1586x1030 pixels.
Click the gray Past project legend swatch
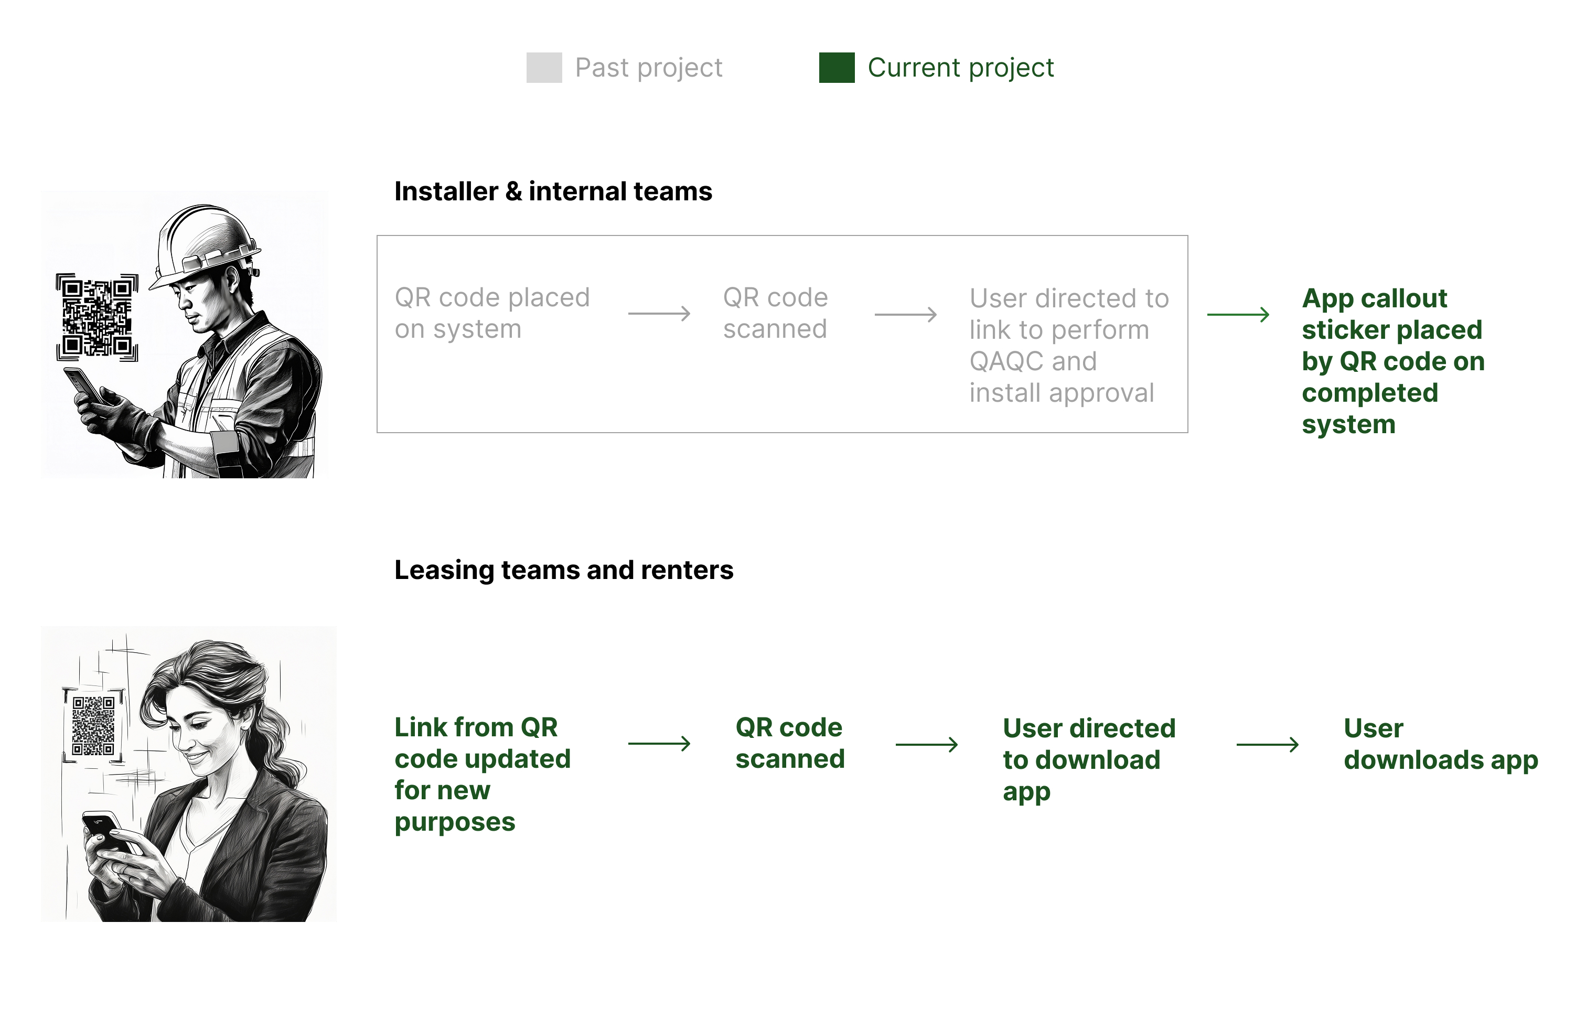point(544,67)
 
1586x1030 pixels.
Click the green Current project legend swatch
point(837,67)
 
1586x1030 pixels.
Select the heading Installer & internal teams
point(553,191)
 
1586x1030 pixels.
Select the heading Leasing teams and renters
point(564,570)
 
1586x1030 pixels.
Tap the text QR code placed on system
point(492,313)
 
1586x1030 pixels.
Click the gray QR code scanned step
point(775,313)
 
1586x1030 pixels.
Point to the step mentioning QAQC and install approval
point(1068,345)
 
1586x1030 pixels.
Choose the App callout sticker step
point(1393,360)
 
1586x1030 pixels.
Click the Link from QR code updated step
point(482,774)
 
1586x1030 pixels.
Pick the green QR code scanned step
point(790,743)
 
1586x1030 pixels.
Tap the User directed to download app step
point(1089,759)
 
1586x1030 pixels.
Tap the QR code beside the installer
point(98,317)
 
